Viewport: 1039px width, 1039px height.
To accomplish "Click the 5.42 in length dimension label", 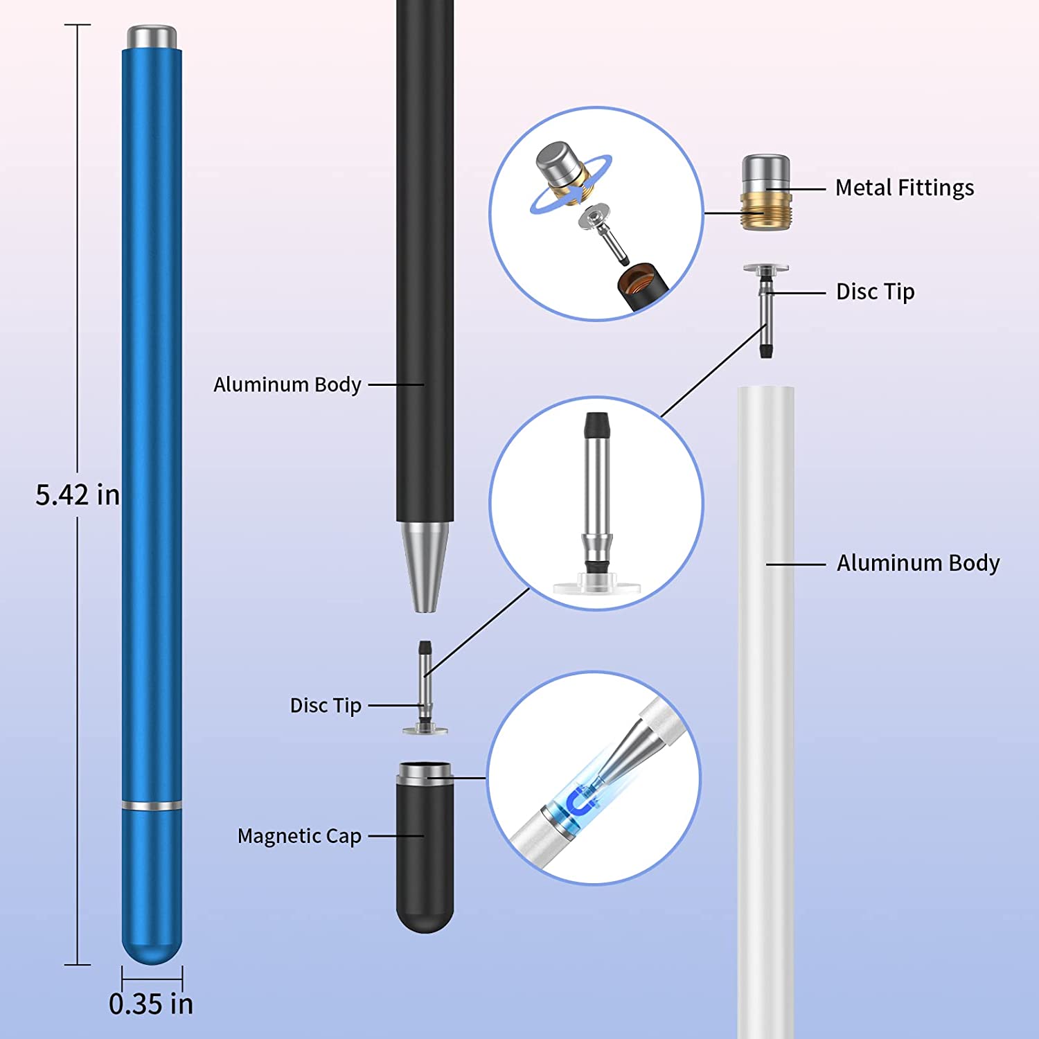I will point(77,495).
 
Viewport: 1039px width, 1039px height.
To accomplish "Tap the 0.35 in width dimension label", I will point(151,1004).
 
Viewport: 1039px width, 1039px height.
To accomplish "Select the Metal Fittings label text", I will point(904,188).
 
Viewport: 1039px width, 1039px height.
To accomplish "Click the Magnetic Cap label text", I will point(299,836).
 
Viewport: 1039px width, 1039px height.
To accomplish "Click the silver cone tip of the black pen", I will point(425,565).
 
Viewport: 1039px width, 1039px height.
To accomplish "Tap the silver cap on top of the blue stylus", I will point(152,37).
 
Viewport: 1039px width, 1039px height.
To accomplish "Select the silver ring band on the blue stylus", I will point(152,806).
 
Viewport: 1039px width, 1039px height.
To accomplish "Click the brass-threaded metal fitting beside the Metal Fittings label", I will point(765,193).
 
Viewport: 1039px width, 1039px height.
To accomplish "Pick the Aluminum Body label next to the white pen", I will point(918,563).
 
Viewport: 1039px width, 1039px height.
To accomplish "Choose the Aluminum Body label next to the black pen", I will point(287,384).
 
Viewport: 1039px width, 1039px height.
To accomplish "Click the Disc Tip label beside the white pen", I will point(875,292).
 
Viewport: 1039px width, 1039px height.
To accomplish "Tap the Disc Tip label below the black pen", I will point(326,705).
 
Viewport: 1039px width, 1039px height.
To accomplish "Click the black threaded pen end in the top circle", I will point(641,285).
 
